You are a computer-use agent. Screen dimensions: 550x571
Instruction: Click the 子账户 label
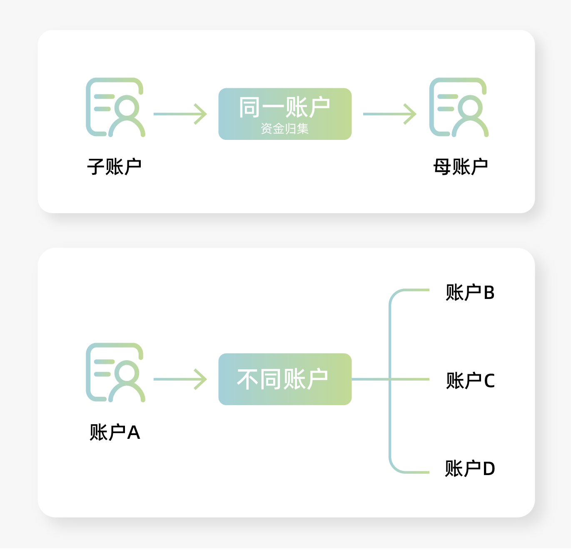[114, 167]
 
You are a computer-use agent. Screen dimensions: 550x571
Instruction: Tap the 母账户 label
[460, 167]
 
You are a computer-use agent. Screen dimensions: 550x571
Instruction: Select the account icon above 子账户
[115, 107]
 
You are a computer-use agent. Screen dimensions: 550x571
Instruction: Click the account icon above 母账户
[459, 107]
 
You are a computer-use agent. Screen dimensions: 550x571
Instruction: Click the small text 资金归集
[285, 129]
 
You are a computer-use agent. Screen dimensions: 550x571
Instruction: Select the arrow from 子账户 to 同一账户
[180, 114]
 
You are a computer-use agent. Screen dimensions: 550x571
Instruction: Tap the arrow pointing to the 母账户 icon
[389, 114]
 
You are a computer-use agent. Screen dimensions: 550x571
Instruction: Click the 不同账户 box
[285, 379]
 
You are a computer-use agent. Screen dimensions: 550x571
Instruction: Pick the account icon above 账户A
[115, 373]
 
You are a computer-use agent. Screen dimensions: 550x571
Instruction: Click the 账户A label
[115, 432]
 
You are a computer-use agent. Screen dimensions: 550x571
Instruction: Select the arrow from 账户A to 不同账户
[180, 379]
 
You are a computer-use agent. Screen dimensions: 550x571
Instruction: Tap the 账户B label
[470, 293]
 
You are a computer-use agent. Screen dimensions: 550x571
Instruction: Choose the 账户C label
[470, 381]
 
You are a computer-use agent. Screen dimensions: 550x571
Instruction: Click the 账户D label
[470, 468]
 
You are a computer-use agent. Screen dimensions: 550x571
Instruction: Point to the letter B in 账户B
[489, 293]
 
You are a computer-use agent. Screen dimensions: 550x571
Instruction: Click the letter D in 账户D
[489, 469]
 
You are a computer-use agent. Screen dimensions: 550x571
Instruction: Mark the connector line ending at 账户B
[410, 290]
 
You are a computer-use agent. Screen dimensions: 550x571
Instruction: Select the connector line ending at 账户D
[410, 472]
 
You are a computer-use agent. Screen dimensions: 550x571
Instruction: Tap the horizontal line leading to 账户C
[410, 379]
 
